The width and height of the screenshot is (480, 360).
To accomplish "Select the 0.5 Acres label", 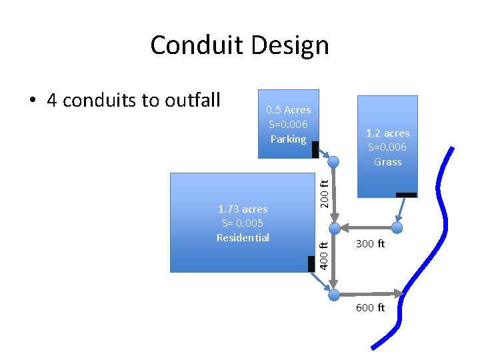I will click(x=288, y=109).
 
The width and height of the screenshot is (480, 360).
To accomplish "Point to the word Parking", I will click(x=288, y=139).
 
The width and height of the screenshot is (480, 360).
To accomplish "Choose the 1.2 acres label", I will click(x=387, y=133).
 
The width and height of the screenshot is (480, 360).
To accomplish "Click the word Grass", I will click(x=387, y=161).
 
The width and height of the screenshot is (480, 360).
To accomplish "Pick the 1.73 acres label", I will click(x=243, y=209).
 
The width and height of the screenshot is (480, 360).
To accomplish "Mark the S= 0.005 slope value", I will click(x=243, y=223).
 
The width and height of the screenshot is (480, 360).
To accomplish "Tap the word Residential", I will click(x=243, y=237).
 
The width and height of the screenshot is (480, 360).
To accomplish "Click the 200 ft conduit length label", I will click(x=323, y=193).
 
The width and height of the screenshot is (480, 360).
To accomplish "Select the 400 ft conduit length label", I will click(x=323, y=257).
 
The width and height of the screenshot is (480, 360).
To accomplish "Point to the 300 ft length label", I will click(x=370, y=244).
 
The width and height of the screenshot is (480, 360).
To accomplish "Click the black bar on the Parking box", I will click(x=315, y=149).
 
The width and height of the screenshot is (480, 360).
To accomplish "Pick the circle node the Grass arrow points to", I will click(x=397, y=228).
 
